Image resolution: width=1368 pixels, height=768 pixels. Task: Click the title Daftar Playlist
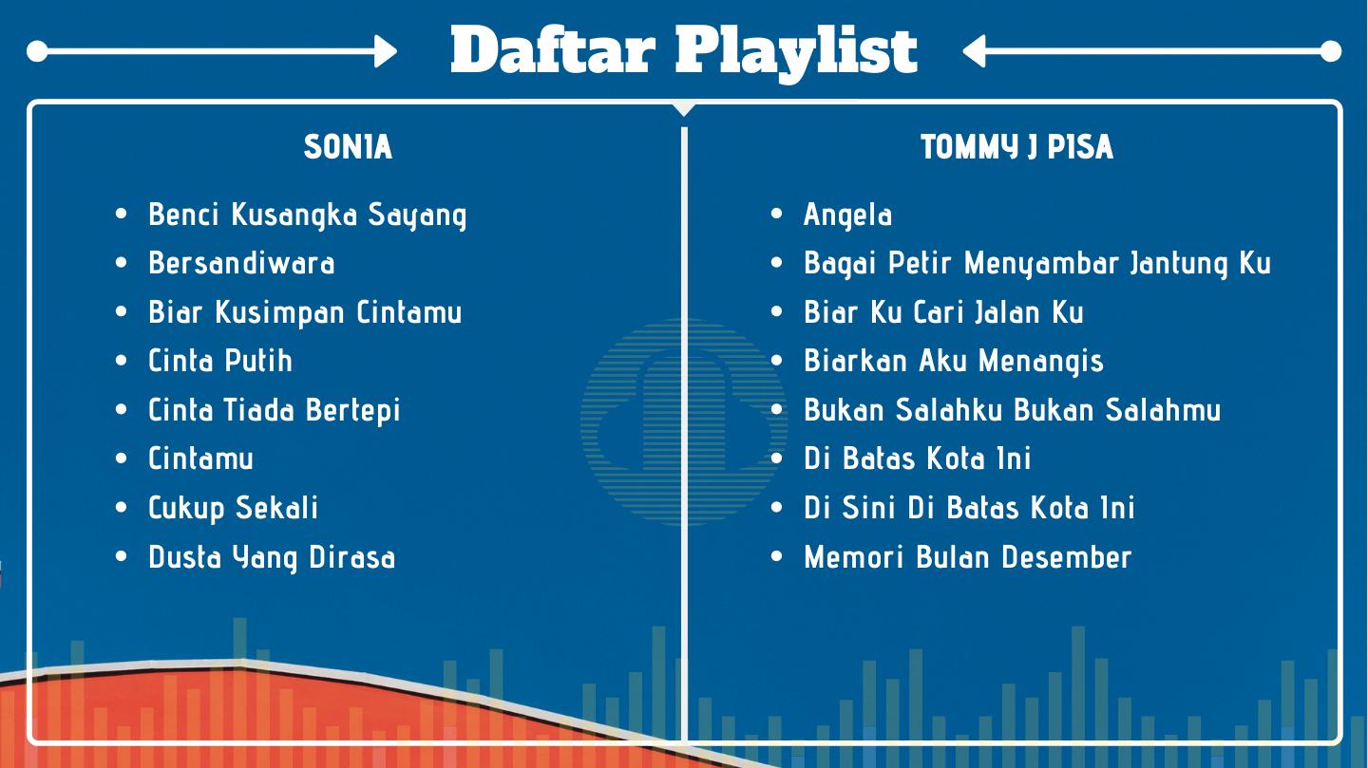pyautogui.click(x=684, y=52)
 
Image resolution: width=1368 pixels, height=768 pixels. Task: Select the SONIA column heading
pyautogui.click(x=348, y=147)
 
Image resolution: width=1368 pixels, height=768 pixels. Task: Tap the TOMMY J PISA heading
pyautogui.click(x=1016, y=147)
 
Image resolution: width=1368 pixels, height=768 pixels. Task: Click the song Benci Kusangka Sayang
pyautogui.click(x=307, y=215)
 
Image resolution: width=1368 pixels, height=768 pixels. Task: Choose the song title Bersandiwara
pyautogui.click(x=241, y=263)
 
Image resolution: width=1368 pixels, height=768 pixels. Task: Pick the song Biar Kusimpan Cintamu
pyautogui.click(x=305, y=312)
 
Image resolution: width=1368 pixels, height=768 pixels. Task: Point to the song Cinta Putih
pyautogui.click(x=219, y=360)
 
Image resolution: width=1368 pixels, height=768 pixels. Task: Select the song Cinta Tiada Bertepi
pyautogui.click(x=275, y=410)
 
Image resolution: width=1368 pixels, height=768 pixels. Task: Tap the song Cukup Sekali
pyautogui.click(x=233, y=508)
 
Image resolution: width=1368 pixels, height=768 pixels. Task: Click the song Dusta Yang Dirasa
pyautogui.click(x=272, y=557)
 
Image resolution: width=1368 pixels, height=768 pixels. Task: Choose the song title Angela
pyautogui.click(x=847, y=215)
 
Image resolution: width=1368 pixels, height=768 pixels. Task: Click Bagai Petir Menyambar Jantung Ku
pyautogui.click(x=1037, y=264)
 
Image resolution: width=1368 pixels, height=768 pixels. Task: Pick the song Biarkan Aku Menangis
pyautogui.click(x=954, y=362)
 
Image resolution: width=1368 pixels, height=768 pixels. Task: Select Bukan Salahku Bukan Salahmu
pyautogui.click(x=1012, y=410)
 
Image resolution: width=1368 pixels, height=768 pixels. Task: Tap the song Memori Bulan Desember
pyautogui.click(x=967, y=556)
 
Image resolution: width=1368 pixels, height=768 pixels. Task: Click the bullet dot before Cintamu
pyautogui.click(x=121, y=459)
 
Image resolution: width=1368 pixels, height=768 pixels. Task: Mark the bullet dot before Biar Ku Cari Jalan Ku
pyautogui.click(x=776, y=312)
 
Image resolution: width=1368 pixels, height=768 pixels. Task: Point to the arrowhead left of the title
pyautogui.click(x=386, y=51)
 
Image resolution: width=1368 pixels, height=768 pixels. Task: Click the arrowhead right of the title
pyautogui.click(x=974, y=51)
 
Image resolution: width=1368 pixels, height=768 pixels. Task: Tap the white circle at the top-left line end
pyautogui.click(x=37, y=51)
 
